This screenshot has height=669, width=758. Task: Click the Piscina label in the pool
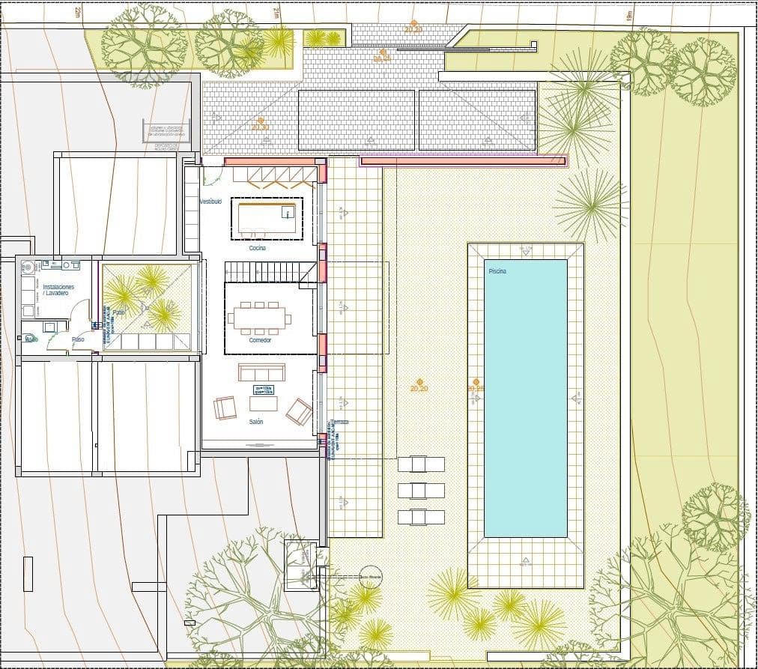[x=497, y=271]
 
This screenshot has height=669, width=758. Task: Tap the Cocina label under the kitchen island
[x=258, y=247]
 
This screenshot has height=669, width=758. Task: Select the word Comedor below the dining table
[x=260, y=340]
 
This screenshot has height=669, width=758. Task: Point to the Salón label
[x=256, y=423]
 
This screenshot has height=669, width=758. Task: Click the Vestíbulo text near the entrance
[x=210, y=202]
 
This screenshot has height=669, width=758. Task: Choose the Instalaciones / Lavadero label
[x=58, y=290]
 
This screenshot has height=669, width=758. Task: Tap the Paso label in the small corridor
[x=78, y=339]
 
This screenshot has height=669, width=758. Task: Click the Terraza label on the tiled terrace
[x=342, y=423]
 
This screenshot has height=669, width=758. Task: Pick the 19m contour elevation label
[x=629, y=14]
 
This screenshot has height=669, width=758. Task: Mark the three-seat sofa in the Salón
[x=261, y=372]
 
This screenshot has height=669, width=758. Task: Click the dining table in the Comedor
[x=259, y=318]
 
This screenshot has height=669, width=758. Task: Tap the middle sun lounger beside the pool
[x=421, y=490]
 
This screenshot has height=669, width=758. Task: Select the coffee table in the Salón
[x=263, y=404]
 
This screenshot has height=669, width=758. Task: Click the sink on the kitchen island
[x=287, y=212]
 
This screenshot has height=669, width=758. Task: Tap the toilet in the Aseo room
[x=31, y=337]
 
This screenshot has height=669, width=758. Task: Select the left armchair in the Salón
[x=224, y=408]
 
